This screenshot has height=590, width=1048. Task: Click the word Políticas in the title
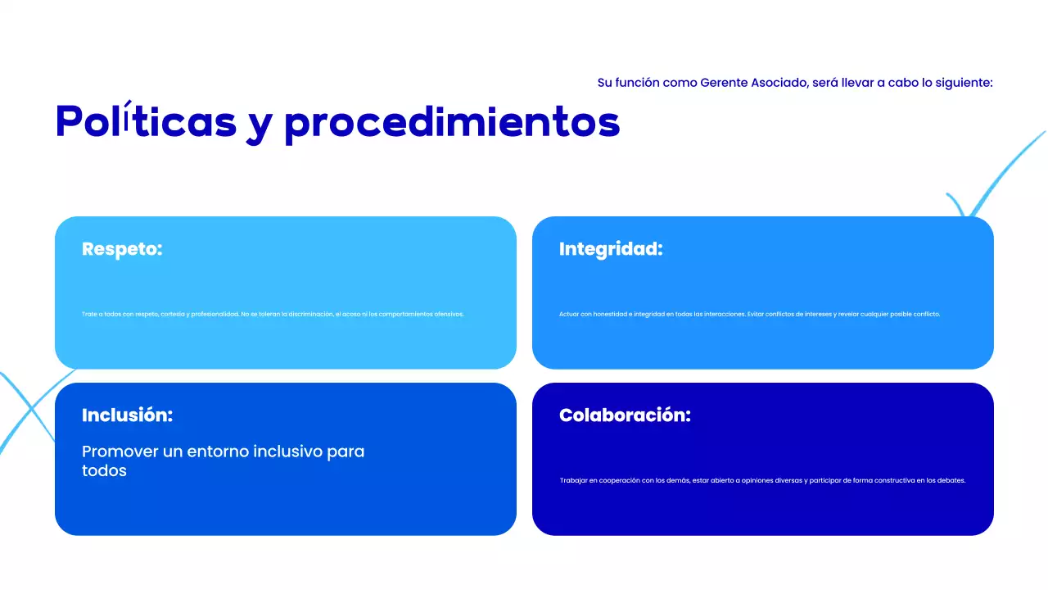146,121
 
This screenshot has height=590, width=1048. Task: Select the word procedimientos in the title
452,123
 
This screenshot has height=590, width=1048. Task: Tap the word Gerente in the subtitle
728,83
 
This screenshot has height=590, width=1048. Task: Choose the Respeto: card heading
122,249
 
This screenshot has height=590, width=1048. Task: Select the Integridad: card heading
610,249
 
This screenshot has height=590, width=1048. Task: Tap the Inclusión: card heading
127,415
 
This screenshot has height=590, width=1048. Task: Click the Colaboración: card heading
625,415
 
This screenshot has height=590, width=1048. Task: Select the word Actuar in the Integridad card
568,314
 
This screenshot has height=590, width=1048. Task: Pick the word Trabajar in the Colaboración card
573,480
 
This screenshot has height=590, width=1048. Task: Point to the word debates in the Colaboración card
952,480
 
